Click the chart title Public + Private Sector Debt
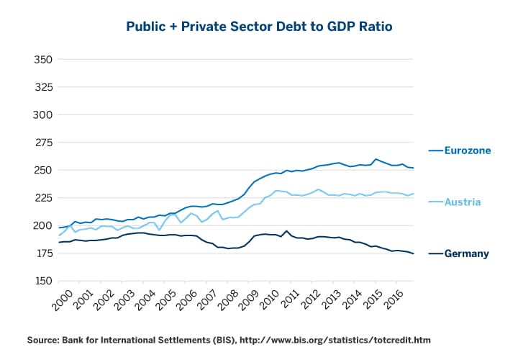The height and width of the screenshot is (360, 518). (259, 26)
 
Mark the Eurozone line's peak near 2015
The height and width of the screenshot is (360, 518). (376, 159)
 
